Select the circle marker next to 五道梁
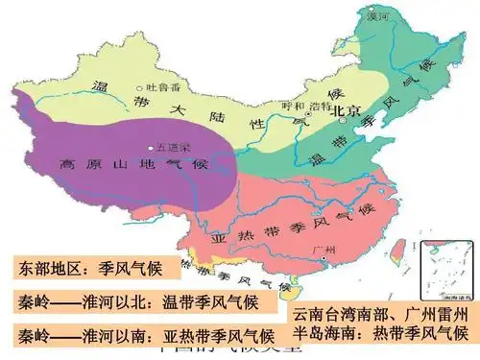[x=150, y=148]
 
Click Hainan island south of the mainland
[x=305, y=288]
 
